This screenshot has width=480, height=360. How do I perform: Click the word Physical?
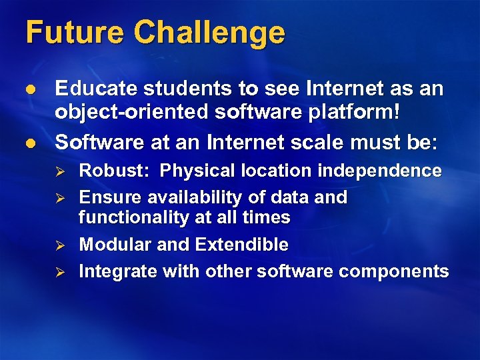pyautogui.click(x=194, y=171)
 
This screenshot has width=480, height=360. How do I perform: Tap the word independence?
pyautogui.click(x=379, y=171)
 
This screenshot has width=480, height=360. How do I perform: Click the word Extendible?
pyautogui.click(x=241, y=245)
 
